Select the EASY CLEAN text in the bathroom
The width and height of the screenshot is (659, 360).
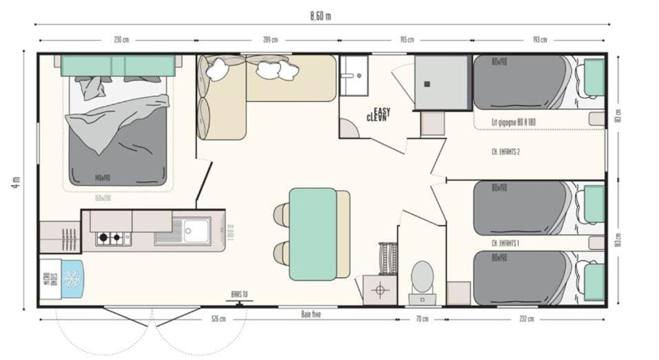tap(377, 114)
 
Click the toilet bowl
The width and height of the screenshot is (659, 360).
tap(421, 277)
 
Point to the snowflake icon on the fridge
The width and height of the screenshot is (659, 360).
tap(72, 279)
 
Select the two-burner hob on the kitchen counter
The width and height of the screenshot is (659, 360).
tap(113, 238)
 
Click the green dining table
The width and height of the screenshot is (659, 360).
tap(313, 234)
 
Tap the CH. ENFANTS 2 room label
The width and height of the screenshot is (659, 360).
tap(505, 151)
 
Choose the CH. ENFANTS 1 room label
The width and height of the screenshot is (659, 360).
tap(505, 243)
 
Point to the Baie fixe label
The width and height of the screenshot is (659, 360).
tap(311, 315)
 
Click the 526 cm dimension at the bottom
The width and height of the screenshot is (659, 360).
tap(218, 319)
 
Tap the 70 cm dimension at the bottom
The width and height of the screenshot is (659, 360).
tap(422, 319)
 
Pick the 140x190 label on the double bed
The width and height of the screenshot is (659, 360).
tap(103, 178)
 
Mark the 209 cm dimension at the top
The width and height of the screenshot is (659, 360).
tap(271, 40)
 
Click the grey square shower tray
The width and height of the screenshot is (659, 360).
tap(441, 83)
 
